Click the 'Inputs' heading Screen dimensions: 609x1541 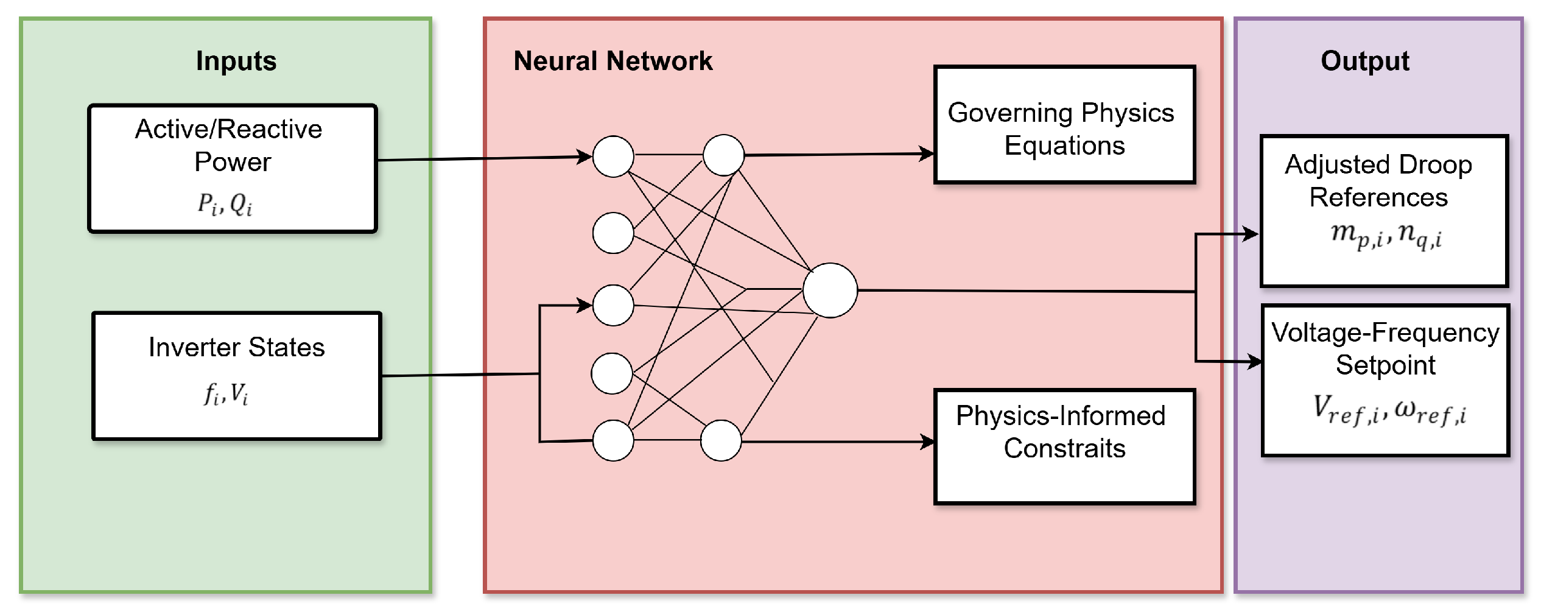[x=236, y=61]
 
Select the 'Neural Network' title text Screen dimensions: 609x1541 [x=613, y=61]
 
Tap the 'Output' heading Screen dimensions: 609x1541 [x=1364, y=61]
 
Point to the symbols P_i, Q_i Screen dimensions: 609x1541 [x=225, y=204]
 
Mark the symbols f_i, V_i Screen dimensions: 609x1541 [x=226, y=393]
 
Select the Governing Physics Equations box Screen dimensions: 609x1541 [x=1064, y=125]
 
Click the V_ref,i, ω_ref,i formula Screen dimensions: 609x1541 [x=1389, y=410]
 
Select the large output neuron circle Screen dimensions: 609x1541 [x=830, y=290]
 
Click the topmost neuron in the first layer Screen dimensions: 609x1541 [x=613, y=157]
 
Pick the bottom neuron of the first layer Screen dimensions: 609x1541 [x=613, y=440]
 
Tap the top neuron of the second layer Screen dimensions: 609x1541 [x=723, y=155]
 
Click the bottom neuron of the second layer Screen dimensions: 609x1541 [x=721, y=440]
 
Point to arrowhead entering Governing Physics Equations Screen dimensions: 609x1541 [x=927, y=153]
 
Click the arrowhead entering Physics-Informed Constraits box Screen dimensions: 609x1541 [x=928, y=442]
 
